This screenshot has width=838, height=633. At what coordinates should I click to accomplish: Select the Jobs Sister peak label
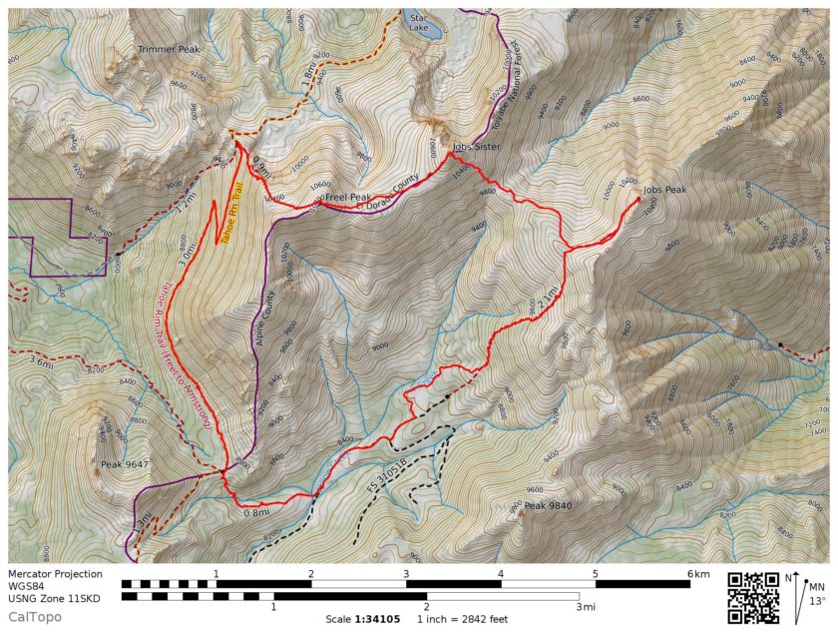coord(475,147)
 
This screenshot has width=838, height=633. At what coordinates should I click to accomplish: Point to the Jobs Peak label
coord(665,189)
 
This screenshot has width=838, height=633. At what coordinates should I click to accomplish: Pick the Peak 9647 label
coord(125,464)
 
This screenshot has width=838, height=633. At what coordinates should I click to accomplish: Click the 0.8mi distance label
coord(256,513)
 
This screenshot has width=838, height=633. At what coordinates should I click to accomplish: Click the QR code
coord(752,597)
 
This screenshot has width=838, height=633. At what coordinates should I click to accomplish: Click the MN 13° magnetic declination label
coord(816,594)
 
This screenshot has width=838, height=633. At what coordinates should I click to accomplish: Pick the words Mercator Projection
coord(55,574)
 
